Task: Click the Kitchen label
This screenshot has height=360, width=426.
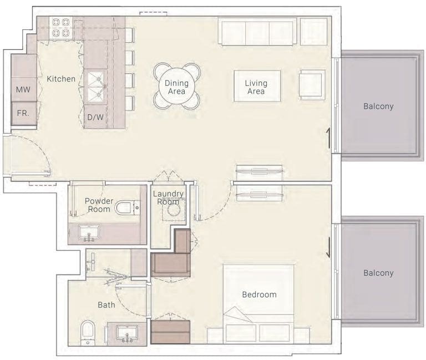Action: [x=61, y=79]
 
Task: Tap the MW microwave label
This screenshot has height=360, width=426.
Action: [x=23, y=89]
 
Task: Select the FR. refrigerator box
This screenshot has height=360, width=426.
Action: [x=24, y=113]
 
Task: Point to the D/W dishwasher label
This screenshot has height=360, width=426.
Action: [x=95, y=117]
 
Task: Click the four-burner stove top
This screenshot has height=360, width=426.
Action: [x=61, y=27]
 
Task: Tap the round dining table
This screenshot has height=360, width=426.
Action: [x=176, y=87]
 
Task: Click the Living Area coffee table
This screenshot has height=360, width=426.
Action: [x=257, y=86]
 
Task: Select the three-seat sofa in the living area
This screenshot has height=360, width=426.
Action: [x=257, y=32]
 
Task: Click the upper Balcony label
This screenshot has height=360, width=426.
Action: [x=378, y=107]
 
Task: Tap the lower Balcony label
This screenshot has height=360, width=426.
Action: [x=378, y=273]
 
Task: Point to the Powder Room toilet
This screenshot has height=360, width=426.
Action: [x=127, y=208]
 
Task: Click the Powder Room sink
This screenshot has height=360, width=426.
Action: [x=89, y=232]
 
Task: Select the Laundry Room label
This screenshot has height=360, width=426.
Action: [x=168, y=198]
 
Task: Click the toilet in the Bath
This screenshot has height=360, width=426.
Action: [x=88, y=333]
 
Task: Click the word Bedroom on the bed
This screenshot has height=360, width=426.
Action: [x=259, y=295]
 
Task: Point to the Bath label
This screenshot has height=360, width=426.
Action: [x=106, y=305]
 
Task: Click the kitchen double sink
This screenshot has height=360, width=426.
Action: [x=95, y=87]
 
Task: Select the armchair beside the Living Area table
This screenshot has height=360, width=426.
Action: [x=312, y=84]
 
